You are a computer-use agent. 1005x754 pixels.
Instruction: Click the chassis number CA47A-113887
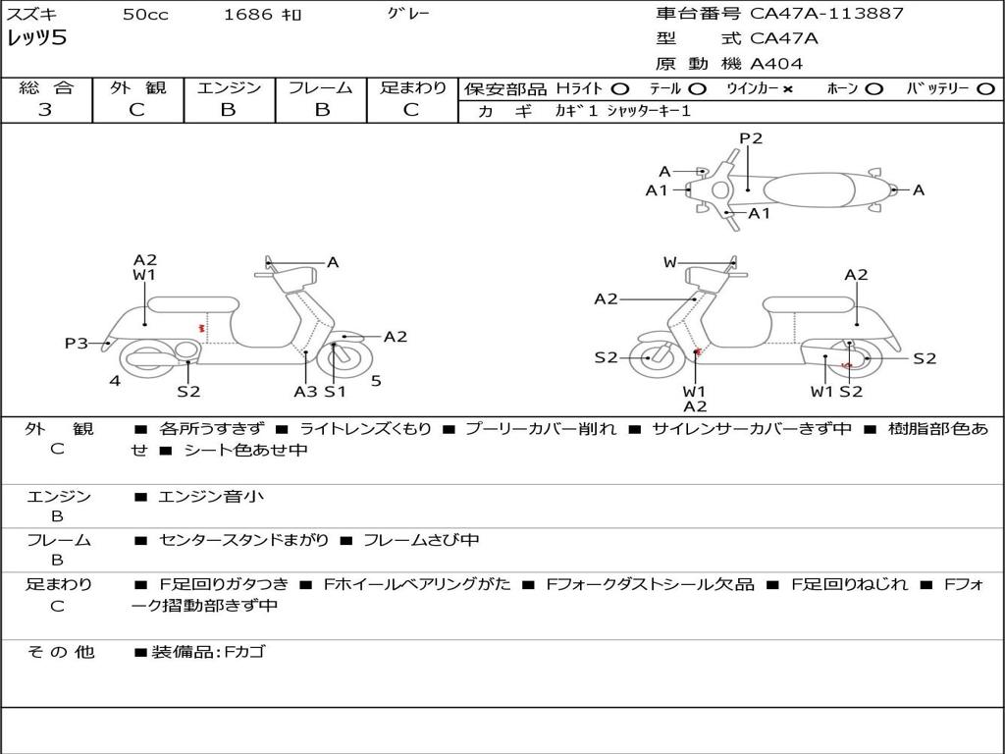(x=826, y=14)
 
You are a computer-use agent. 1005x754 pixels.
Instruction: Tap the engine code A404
(x=776, y=64)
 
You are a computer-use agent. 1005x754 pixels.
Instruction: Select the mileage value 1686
(x=249, y=15)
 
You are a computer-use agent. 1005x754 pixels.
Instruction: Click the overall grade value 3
(x=45, y=110)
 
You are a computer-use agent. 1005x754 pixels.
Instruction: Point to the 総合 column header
(x=46, y=87)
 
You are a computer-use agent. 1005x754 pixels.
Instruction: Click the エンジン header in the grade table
(x=229, y=87)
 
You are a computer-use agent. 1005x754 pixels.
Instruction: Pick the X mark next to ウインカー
(x=788, y=88)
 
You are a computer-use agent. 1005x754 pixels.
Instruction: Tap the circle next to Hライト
(x=620, y=88)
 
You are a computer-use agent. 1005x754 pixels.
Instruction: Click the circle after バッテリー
(x=985, y=88)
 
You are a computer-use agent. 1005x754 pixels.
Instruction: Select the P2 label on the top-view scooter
(x=751, y=138)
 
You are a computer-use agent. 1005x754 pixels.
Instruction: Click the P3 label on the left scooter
(x=77, y=343)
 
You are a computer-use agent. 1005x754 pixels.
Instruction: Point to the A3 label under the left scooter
(x=305, y=391)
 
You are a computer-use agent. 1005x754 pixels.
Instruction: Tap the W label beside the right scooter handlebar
(x=669, y=262)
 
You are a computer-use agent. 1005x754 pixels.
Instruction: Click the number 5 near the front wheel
(x=376, y=381)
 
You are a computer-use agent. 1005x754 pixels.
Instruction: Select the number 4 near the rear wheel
(x=115, y=381)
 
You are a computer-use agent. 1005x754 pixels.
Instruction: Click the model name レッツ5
(x=36, y=39)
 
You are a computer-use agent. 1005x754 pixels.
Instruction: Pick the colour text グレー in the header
(x=408, y=14)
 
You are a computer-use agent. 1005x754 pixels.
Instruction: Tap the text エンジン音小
(x=211, y=497)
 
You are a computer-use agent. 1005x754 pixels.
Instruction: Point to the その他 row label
(x=60, y=652)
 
